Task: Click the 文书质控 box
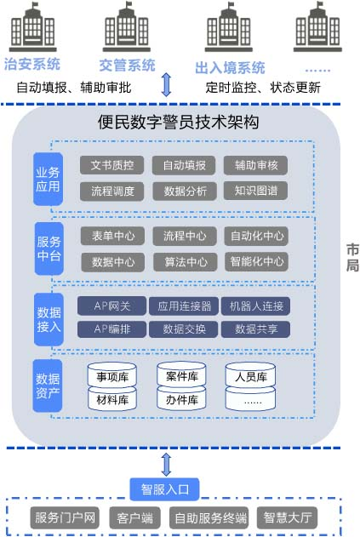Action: [x=111, y=165]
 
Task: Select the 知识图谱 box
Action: [x=255, y=191]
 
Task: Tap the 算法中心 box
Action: [x=186, y=262]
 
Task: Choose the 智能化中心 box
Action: [x=256, y=261]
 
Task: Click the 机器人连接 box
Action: [x=256, y=306]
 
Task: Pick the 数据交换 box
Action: [x=184, y=329]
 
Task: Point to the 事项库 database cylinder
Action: [x=112, y=375]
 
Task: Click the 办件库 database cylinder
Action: [x=181, y=398]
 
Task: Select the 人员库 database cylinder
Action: [x=250, y=375]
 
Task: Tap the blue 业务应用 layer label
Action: [x=48, y=179]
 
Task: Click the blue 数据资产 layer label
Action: [x=48, y=386]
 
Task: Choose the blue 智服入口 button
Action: [x=164, y=489]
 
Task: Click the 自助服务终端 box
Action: [x=209, y=517]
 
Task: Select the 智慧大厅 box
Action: [x=287, y=517]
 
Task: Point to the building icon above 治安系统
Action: [x=32, y=27]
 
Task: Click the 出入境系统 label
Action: [x=230, y=68]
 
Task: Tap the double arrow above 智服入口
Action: [x=167, y=465]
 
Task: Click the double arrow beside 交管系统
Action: [x=167, y=84]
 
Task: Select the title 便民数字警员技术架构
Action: [x=178, y=123]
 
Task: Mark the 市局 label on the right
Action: [x=352, y=258]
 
